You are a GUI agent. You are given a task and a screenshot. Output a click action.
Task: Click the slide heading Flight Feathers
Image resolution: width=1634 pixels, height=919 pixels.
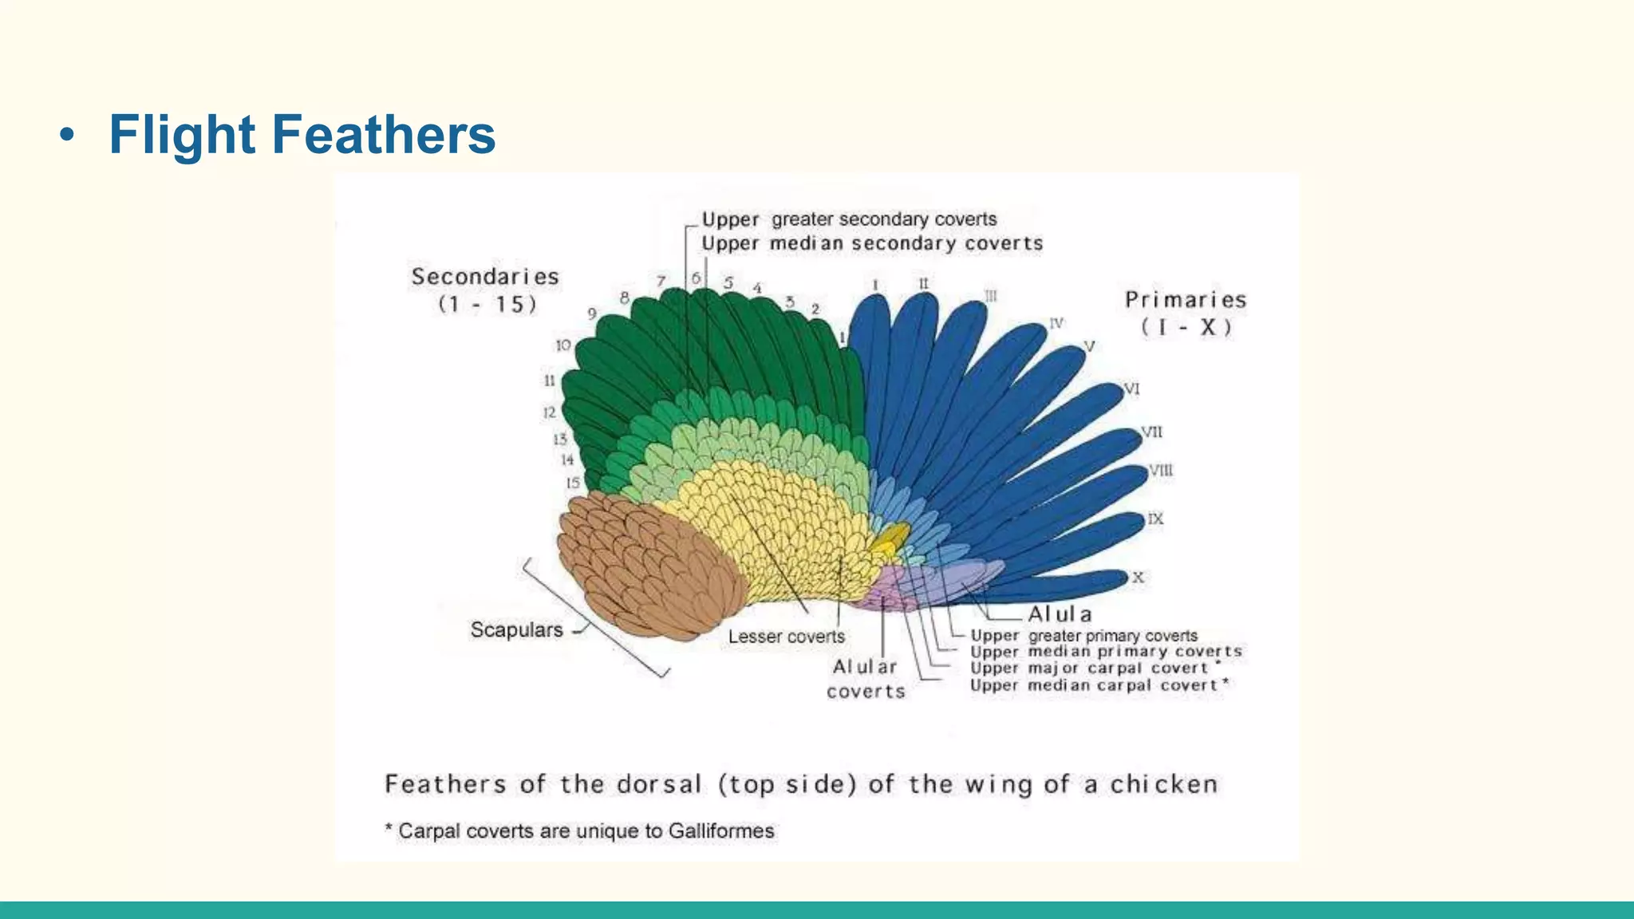pyautogui.click(x=302, y=134)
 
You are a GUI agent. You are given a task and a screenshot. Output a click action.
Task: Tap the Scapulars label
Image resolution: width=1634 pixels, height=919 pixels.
pyautogui.click(x=516, y=629)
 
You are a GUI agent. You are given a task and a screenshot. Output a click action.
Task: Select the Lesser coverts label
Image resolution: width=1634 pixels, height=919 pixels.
pyautogui.click(x=786, y=637)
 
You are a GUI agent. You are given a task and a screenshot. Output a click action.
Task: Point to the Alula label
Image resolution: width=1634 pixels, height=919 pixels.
pyautogui.click(x=1060, y=614)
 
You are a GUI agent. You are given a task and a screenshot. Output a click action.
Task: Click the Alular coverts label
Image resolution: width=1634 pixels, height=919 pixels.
pyautogui.click(x=866, y=679)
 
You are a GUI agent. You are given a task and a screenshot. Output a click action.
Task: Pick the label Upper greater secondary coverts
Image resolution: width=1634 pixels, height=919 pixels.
pyautogui.click(x=849, y=219)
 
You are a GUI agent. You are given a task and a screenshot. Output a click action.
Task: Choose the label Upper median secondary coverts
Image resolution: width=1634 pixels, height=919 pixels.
pyautogui.click(x=872, y=243)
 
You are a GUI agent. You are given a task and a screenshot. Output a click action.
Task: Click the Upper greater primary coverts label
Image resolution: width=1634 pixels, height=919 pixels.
pyautogui.click(x=1083, y=636)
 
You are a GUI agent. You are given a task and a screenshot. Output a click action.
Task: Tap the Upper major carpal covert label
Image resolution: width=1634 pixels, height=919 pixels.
pyautogui.click(x=1089, y=669)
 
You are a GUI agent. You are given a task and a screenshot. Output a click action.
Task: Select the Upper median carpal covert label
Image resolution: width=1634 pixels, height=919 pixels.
pyautogui.click(x=1094, y=685)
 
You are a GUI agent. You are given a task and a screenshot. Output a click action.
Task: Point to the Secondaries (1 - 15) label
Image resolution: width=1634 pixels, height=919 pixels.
pyautogui.click(x=485, y=290)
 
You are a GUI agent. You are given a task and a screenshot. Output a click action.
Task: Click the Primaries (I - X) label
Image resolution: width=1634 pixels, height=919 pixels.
pyautogui.click(x=1186, y=313)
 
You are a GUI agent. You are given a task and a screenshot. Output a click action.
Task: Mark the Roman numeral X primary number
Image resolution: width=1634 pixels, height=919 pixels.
pyautogui.click(x=1138, y=578)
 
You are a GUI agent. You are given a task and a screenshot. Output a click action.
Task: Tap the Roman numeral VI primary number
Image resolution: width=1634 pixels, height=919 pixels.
pyautogui.click(x=1132, y=389)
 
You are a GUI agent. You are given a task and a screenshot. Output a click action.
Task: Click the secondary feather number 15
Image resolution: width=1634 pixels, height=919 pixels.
pyautogui.click(x=573, y=483)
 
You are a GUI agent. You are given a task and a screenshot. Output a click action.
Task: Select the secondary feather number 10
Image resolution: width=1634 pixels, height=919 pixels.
pyautogui.click(x=563, y=345)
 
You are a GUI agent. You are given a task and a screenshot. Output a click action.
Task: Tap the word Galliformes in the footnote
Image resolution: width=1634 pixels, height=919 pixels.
pyautogui.click(x=721, y=831)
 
